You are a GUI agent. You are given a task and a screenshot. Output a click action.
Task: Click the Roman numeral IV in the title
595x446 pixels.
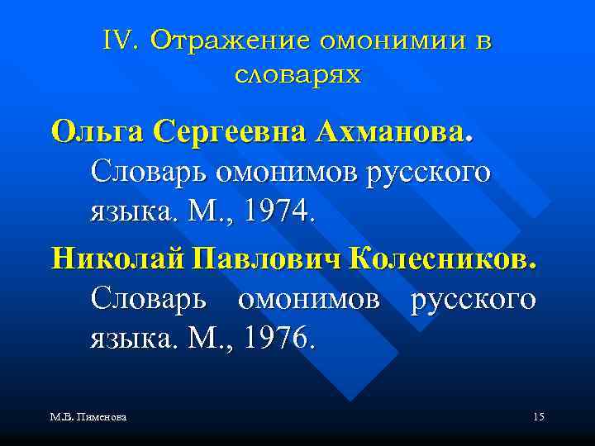(121, 41)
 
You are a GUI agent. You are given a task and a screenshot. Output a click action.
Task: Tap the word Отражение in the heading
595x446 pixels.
(219, 41)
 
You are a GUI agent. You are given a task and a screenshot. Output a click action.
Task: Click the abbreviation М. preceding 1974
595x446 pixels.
(203, 212)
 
